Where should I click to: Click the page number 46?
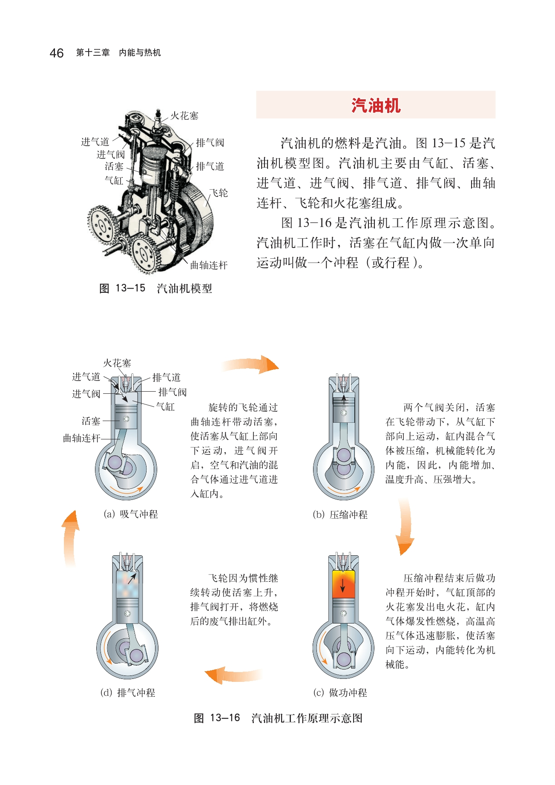[x=56, y=53]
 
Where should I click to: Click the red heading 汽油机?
[x=376, y=105]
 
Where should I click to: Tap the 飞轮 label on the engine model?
[x=219, y=193]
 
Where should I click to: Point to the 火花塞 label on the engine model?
[x=184, y=115]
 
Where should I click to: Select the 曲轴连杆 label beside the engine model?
[x=209, y=265]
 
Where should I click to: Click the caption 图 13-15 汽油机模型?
[x=155, y=289]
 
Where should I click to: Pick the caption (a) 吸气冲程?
[x=131, y=514]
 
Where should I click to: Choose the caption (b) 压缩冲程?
[x=340, y=515]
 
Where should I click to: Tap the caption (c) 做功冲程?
[x=340, y=693]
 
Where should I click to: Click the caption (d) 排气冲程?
[x=128, y=693]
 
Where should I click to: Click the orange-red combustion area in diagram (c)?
[x=343, y=584]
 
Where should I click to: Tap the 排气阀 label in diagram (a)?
[x=173, y=392]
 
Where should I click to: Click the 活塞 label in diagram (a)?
[x=91, y=421]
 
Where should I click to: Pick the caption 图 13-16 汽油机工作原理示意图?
[x=278, y=718]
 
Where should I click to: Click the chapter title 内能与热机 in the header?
[x=140, y=53]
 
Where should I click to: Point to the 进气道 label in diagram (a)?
[x=86, y=377]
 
